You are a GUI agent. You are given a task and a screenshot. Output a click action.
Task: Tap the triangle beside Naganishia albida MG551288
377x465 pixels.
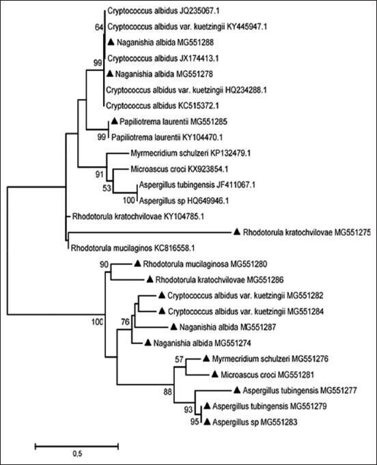(x=111, y=42)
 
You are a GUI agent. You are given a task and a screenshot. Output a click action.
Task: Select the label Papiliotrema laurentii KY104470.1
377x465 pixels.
(x=159, y=137)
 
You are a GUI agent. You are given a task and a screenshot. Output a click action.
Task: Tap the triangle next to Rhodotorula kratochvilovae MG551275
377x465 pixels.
(x=236, y=232)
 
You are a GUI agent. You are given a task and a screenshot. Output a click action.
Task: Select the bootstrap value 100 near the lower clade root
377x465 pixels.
(x=99, y=322)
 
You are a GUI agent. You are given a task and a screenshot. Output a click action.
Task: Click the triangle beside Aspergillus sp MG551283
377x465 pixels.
(x=207, y=423)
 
